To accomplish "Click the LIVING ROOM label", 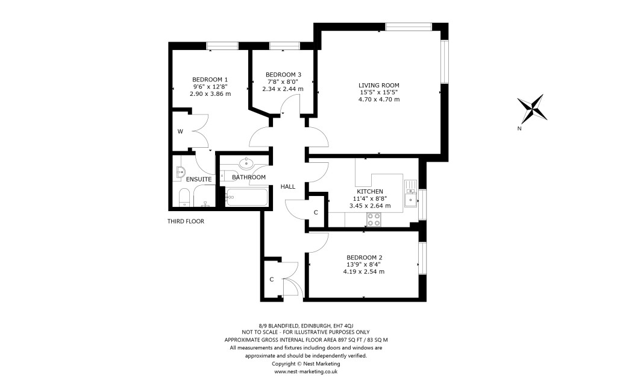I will pos(379,85).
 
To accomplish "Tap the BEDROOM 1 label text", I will pos(210,79).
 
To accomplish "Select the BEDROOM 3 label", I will pos(283,74).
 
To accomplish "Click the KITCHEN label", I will pos(369,191).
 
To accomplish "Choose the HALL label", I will pos(288,186).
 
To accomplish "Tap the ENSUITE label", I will pos(198,179).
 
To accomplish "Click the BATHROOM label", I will pos(249,177).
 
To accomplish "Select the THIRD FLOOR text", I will pos(186,221).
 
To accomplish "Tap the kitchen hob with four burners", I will pos(374,220).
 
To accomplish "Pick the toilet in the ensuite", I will pos(185,197).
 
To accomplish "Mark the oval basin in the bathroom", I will pos(246,163).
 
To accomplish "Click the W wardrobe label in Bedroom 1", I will pos(180,131).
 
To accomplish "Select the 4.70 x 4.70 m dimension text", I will pos(379,100).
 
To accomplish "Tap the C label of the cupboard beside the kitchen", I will pos(316,212).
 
